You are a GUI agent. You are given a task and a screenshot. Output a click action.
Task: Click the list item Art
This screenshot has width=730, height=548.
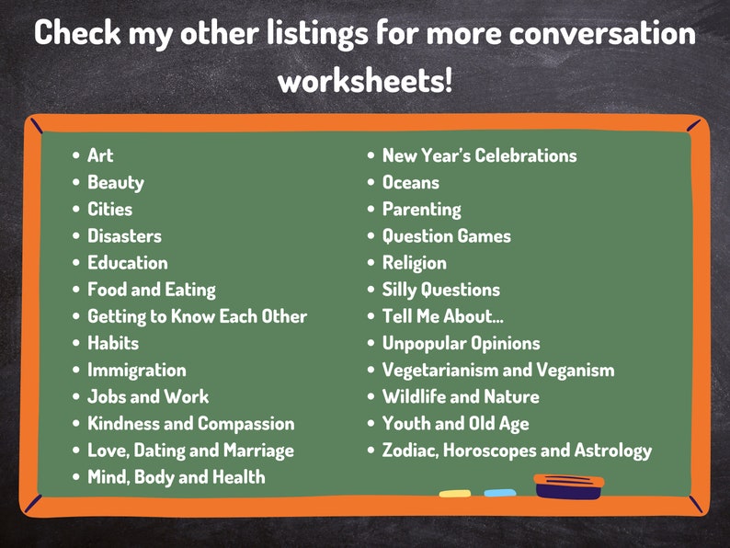tap(100, 155)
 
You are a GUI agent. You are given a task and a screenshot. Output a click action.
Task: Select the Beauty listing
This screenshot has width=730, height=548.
tap(116, 182)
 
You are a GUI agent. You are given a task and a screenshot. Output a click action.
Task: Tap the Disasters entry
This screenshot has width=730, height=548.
tap(124, 236)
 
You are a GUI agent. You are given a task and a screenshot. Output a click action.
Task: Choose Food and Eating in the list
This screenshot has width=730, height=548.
tap(152, 290)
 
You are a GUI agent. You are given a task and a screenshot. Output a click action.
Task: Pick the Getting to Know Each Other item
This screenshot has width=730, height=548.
tap(197, 316)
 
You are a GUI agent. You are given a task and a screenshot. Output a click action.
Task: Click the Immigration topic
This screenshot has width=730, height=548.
tap(136, 370)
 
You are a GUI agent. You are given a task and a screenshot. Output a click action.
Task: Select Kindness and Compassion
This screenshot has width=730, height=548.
tap(190, 424)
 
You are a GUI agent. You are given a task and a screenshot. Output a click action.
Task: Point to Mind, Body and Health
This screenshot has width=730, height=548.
tap(176, 477)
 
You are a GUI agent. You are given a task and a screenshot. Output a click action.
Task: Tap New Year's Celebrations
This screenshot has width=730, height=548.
tap(479, 155)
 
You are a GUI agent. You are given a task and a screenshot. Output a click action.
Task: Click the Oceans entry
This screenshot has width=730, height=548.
tap(411, 182)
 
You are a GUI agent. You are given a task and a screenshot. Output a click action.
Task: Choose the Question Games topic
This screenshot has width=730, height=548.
tap(446, 236)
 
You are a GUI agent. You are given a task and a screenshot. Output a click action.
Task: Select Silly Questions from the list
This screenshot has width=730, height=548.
tap(441, 290)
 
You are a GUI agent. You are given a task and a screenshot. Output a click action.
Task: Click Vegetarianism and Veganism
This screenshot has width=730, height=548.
tap(498, 370)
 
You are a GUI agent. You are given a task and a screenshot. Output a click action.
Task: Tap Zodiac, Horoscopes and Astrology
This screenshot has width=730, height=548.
tap(517, 451)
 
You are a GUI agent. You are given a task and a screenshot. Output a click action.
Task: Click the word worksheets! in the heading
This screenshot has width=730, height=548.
tap(365, 80)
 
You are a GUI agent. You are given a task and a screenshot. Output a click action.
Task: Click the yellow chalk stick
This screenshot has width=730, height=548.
tap(455, 494)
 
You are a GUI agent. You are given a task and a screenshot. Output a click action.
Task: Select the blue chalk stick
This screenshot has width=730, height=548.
tap(500, 493)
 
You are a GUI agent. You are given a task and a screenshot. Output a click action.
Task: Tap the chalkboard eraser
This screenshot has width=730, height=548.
tap(569, 485)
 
